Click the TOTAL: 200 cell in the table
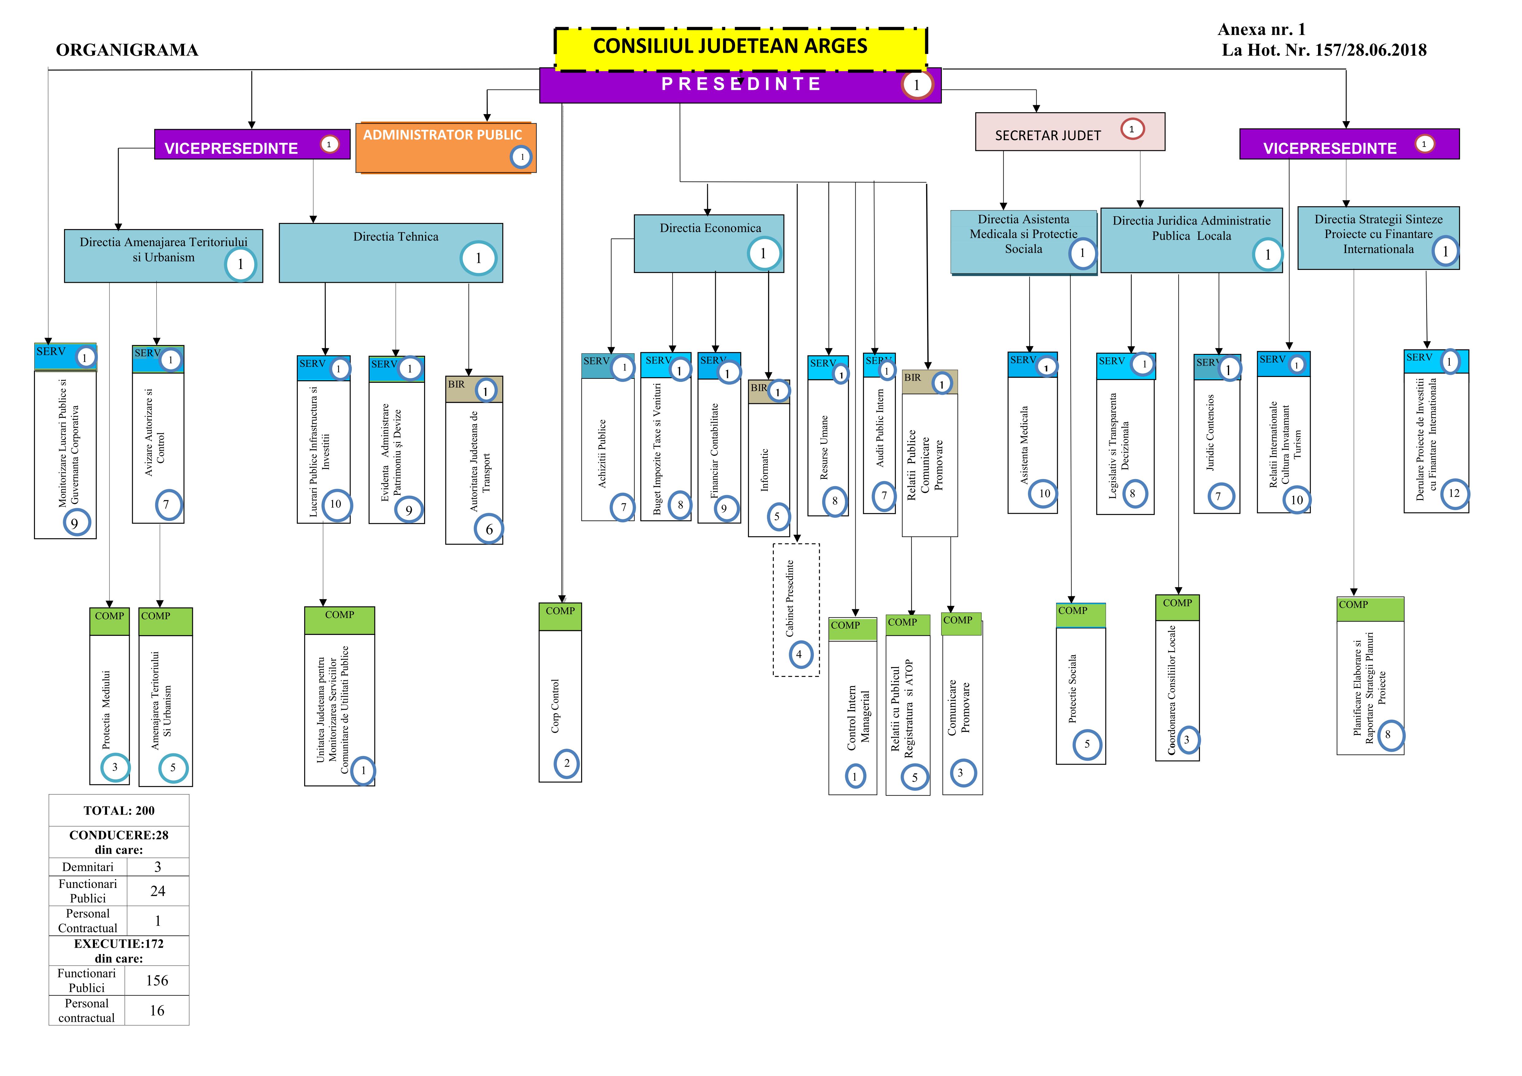[x=119, y=810]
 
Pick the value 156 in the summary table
[x=157, y=981]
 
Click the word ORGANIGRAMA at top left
[x=127, y=50]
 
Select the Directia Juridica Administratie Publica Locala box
[x=1191, y=240]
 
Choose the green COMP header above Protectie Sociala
[x=1080, y=615]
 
